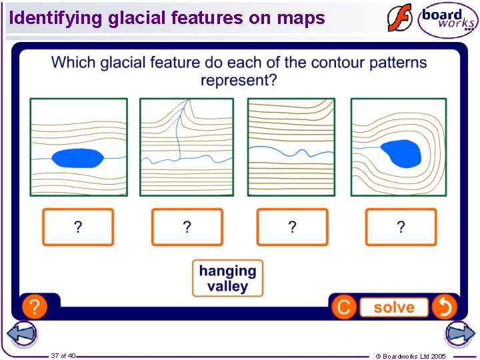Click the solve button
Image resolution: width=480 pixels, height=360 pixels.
393,307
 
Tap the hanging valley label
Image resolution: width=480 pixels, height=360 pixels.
227,279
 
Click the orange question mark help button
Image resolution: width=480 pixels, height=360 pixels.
35,307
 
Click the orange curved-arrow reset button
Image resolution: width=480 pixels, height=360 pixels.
444,307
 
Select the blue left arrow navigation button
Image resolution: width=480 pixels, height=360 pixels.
21,333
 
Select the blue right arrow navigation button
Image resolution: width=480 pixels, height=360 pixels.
459,333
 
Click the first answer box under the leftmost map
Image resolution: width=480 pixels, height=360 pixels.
78,227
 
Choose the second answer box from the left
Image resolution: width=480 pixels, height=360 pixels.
187,227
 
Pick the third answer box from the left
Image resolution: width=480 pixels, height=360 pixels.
292,227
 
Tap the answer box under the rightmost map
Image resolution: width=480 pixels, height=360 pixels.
401,227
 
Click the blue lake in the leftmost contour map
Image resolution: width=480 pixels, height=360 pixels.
77,158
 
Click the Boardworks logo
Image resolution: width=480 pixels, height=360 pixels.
447,20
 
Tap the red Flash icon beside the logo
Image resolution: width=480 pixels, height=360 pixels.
400,19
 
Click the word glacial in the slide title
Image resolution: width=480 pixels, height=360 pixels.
137,18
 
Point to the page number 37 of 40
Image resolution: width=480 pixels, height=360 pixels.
63,355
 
